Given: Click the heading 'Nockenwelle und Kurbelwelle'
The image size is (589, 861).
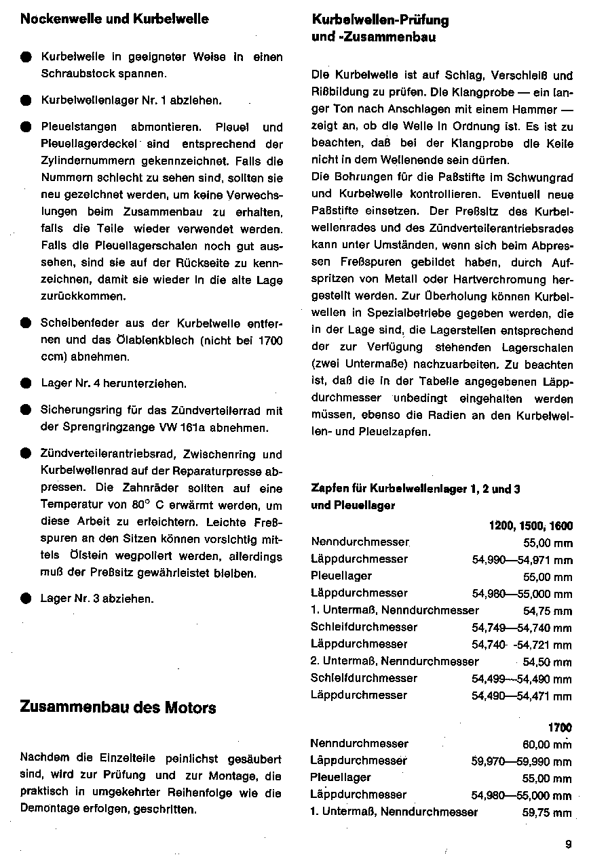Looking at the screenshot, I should (x=115, y=19).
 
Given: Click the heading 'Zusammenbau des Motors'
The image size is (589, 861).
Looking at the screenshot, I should (x=118, y=708).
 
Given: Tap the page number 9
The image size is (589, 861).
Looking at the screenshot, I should (x=567, y=844).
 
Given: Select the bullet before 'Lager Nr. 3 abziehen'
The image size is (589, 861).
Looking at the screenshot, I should (x=26, y=599).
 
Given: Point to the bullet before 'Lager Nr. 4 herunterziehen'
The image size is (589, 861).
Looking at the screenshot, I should (x=26, y=384).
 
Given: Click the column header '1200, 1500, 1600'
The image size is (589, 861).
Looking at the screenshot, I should (x=530, y=525).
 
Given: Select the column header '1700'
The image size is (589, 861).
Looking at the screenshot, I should (x=560, y=727).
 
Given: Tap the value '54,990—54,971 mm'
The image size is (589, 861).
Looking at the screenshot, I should (x=522, y=560).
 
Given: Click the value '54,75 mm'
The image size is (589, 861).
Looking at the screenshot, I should (x=548, y=611).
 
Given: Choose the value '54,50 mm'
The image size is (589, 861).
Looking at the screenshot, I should (x=548, y=662).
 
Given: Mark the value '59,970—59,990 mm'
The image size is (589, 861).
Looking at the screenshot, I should (x=521, y=761).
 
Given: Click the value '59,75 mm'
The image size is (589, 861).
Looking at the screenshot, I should (x=547, y=812).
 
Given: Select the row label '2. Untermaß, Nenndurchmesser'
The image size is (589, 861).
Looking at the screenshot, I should (x=395, y=661).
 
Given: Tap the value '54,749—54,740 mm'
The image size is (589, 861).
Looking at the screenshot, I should (x=522, y=628).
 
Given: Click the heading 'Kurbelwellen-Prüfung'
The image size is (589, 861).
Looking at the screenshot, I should (x=380, y=20).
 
